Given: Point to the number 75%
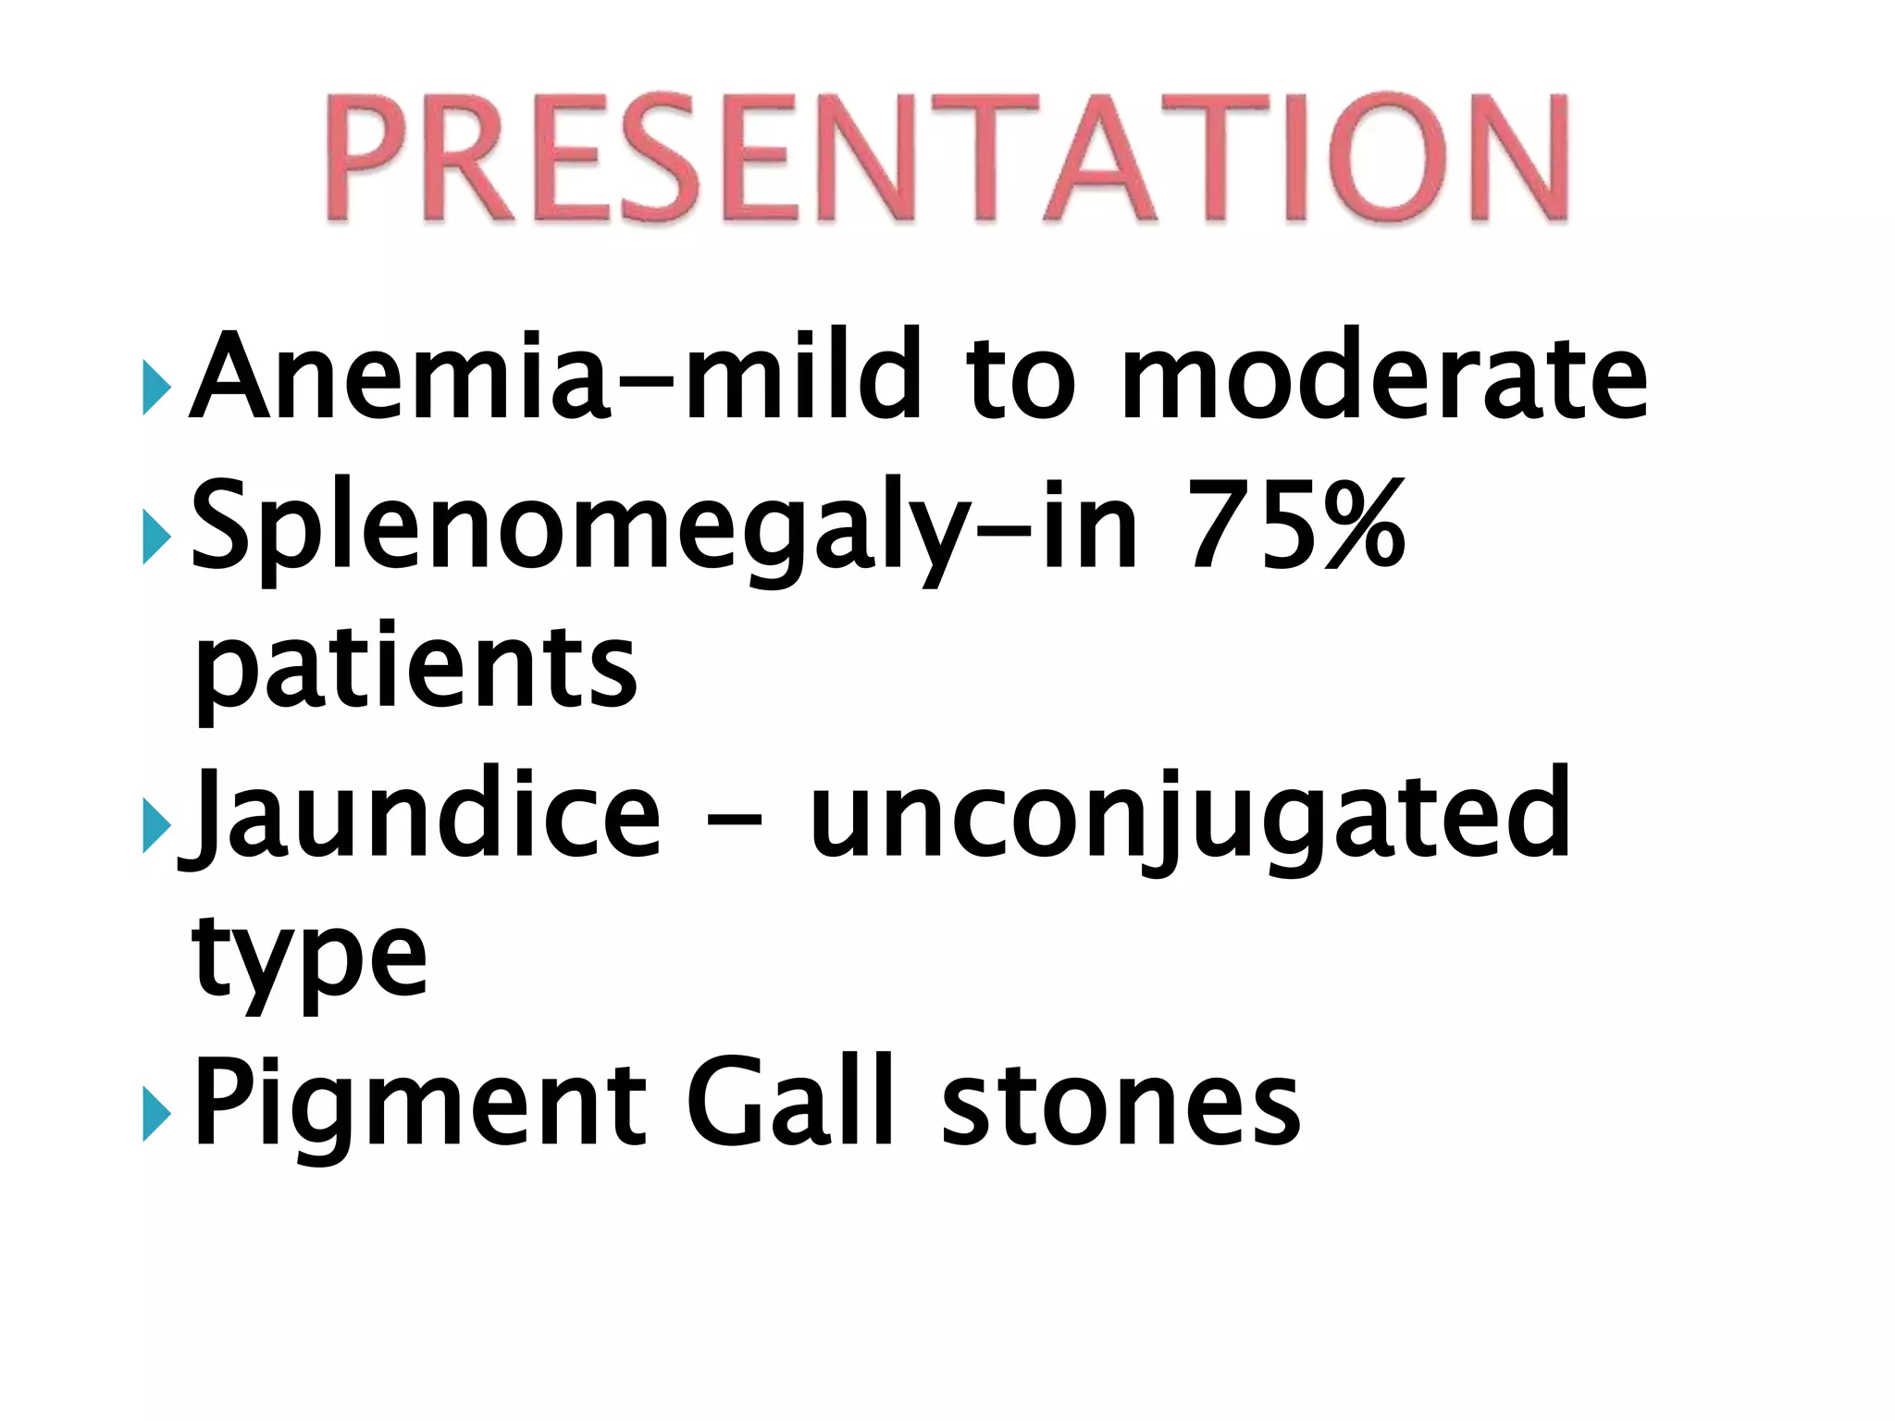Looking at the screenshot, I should tap(1295, 525).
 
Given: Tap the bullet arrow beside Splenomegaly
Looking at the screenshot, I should tap(156, 537).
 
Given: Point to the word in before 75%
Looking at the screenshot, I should tap(1089, 525).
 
